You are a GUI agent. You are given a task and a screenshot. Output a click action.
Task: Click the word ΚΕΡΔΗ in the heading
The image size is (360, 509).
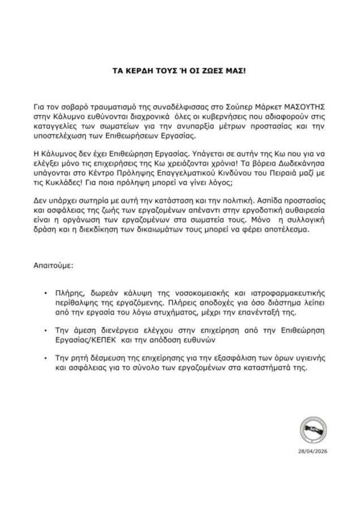[142, 73]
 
